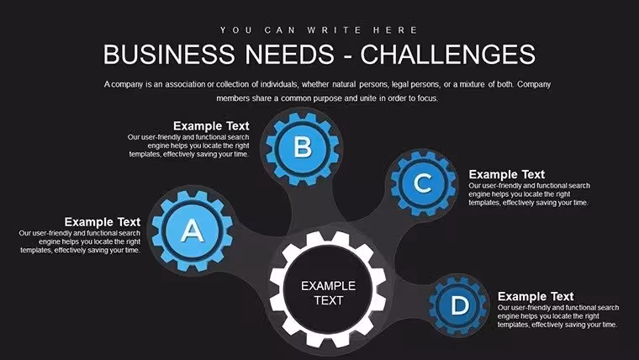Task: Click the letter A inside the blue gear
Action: pos(192,230)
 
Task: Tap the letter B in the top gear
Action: pos(303,146)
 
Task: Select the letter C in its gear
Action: pos(423,183)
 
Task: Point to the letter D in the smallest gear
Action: pos(460,305)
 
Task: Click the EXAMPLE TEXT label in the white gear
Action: pos(328,294)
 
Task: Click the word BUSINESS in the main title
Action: pos(169,54)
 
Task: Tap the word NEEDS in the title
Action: pos(290,54)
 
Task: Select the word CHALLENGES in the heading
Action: pos(448,54)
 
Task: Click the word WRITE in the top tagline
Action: pos(335,30)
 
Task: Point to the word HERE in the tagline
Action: pos(395,30)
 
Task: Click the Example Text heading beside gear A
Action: pos(103,222)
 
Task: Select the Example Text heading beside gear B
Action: pos(211,125)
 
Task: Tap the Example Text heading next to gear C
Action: pos(506,174)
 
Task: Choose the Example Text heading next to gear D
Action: pos(536,296)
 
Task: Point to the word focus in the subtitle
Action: pos(427,98)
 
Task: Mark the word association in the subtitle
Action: pos(185,84)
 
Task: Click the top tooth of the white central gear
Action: pos(328,238)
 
